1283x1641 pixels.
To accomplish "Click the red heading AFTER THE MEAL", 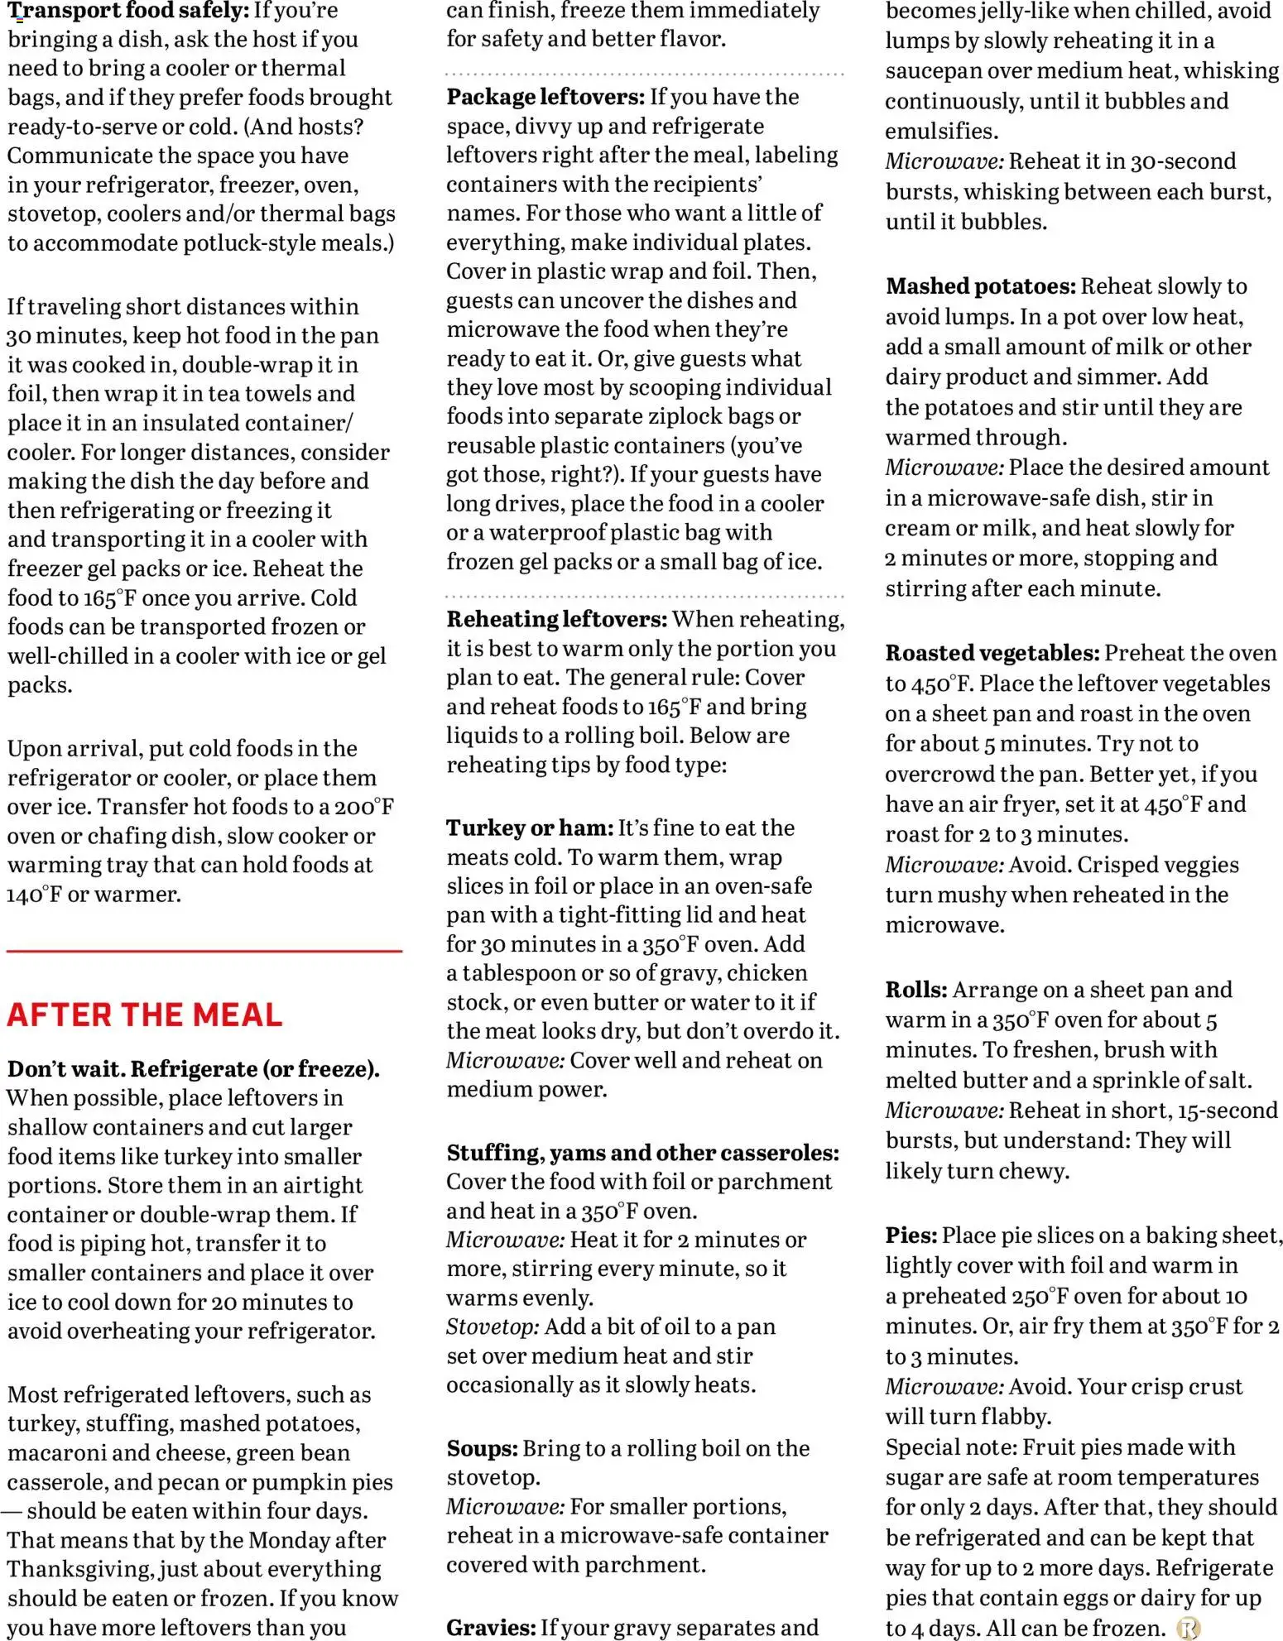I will coord(145,1015).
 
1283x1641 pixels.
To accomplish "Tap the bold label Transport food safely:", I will coord(128,11).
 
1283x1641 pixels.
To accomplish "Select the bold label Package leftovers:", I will coord(545,97).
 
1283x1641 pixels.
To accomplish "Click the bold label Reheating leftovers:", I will coord(556,619).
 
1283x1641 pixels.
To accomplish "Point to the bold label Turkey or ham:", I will coord(530,828).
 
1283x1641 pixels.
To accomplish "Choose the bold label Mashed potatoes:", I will coord(980,286).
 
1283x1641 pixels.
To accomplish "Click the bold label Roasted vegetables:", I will coord(992,653).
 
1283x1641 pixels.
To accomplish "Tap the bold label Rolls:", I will coord(915,990).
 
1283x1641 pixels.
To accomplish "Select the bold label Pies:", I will coord(911,1236).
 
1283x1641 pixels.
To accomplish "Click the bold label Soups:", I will coord(482,1448).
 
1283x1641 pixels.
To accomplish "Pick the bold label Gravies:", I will coord(491,1628).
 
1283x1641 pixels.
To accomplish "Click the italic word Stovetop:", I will coord(493,1327).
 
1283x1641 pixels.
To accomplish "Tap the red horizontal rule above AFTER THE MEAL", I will coord(204,952).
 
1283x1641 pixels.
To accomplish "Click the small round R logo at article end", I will coord(1188,1629).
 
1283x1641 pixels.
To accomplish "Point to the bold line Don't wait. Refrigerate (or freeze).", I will coord(194,1069).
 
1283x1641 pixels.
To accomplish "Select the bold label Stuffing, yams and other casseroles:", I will coord(642,1153).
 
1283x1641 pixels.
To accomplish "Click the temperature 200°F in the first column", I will coord(363,807).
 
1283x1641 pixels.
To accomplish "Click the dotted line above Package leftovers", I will coord(645,74).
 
